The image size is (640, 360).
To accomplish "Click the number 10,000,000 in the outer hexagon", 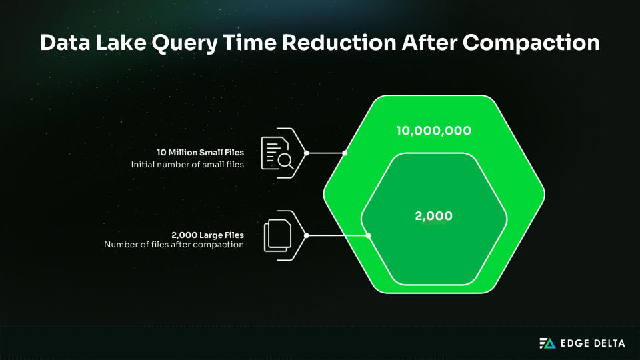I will [433, 131].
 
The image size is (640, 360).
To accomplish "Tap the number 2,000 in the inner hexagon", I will [433, 216].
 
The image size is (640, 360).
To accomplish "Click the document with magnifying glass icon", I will [277, 153].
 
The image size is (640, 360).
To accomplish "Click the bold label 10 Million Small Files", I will [201, 153].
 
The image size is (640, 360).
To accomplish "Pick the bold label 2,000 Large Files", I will [207, 235].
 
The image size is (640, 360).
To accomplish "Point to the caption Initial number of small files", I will [187, 164].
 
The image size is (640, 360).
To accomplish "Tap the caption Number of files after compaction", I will [174, 245].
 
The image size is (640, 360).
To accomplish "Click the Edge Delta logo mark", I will [547, 343].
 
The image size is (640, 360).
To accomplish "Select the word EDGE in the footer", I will [574, 343].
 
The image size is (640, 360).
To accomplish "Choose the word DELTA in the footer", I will [609, 343].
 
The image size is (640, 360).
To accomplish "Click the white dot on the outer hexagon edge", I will [345, 153].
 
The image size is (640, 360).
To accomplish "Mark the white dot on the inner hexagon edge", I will [368, 235].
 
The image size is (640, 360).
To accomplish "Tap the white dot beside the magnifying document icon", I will [306, 153].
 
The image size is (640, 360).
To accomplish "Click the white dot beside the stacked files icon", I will [306, 235].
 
